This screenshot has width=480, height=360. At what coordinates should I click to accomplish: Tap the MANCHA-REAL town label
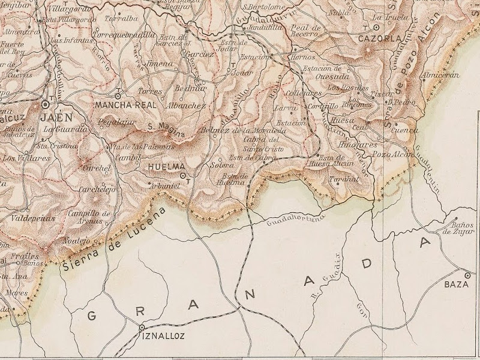click(125, 104)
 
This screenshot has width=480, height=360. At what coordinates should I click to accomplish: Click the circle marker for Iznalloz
click(142, 328)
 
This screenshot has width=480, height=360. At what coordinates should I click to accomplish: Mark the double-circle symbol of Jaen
click(46, 104)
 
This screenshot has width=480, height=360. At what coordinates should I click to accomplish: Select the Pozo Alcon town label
click(393, 155)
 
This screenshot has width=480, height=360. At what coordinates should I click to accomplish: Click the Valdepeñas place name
click(34, 218)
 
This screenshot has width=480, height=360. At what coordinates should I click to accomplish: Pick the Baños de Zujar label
click(456, 227)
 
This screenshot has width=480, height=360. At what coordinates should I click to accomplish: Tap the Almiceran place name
click(440, 76)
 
